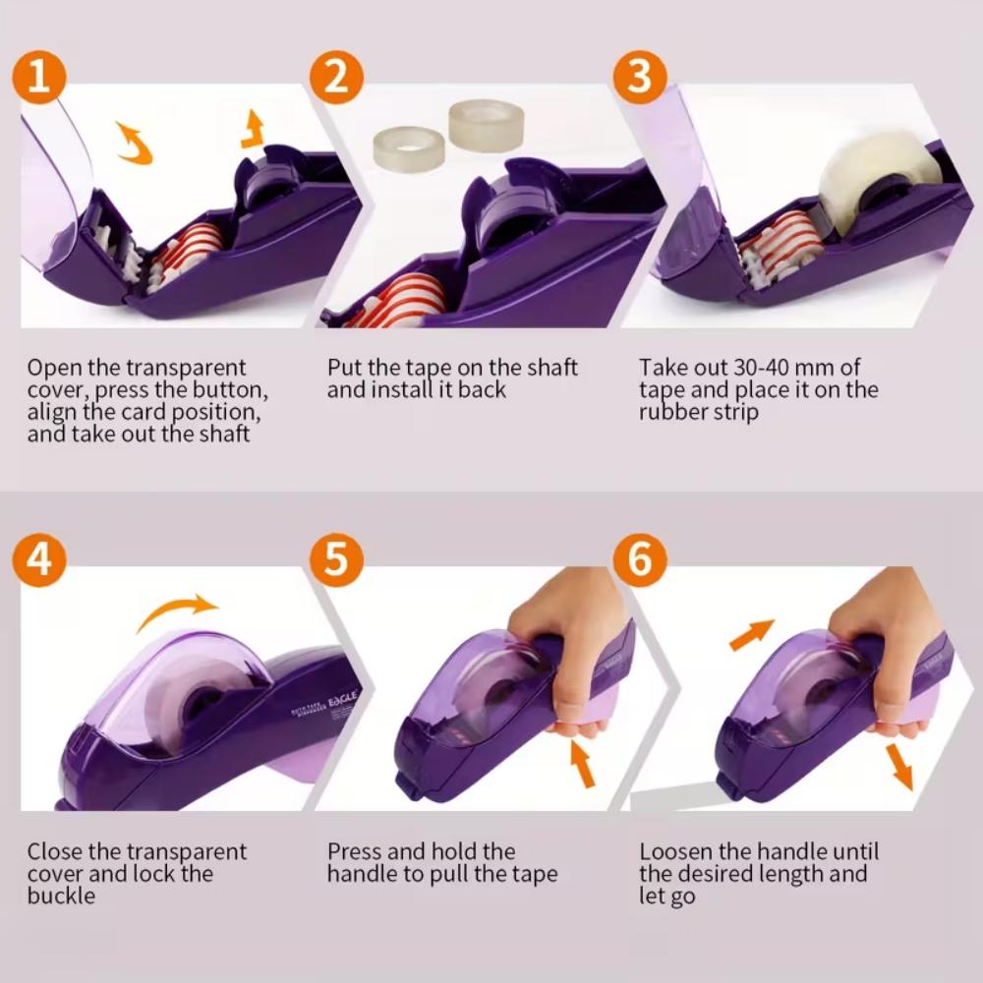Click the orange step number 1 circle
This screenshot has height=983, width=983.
click(39, 77)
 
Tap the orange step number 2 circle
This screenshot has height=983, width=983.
click(337, 77)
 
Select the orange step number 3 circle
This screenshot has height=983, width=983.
click(639, 77)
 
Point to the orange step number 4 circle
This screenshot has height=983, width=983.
click(39, 557)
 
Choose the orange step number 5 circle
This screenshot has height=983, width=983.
click(337, 557)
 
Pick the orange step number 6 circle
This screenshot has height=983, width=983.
click(639, 557)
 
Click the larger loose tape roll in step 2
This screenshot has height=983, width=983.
click(486, 122)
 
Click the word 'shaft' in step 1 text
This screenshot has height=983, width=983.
click(219, 433)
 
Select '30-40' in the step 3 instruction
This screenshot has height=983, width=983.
click(770, 368)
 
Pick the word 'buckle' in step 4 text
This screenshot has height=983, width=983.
click(61, 896)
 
